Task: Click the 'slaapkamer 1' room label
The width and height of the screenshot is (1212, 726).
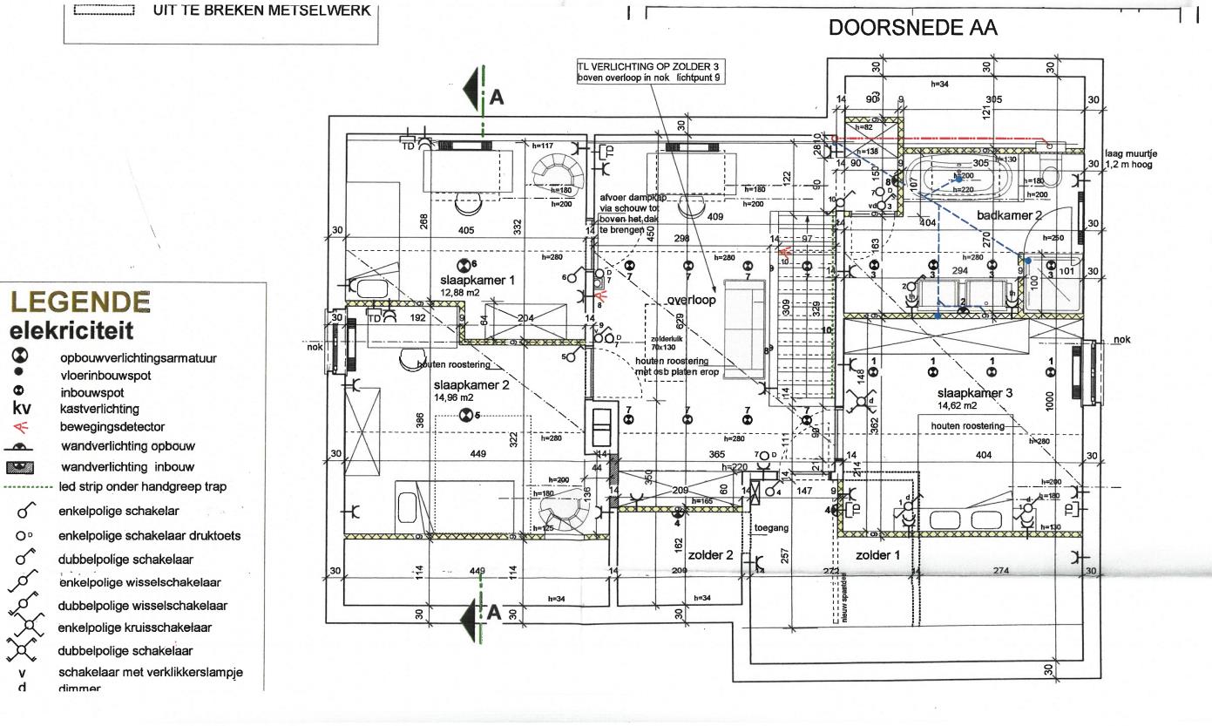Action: (x=477, y=280)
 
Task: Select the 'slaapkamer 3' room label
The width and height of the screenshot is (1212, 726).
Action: (x=975, y=393)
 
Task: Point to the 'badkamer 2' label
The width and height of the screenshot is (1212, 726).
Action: (x=1009, y=214)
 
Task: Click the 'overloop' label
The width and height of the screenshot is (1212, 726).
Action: (x=691, y=300)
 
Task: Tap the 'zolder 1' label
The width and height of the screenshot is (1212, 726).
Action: (x=877, y=554)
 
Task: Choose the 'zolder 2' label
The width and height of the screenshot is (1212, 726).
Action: (x=711, y=554)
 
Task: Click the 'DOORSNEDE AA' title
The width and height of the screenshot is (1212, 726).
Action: (x=912, y=28)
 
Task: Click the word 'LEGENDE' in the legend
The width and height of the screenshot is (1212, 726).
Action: (x=80, y=302)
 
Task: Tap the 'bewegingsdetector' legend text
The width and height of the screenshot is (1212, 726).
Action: (x=112, y=427)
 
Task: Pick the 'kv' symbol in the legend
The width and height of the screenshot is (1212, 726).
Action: (x=22, y=409)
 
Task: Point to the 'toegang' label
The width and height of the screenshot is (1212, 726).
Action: (x=770, y=528)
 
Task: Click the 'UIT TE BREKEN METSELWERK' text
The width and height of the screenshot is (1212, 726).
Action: (x=261, y=10)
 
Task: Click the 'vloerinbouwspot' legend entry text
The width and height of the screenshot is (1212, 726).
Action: (x=105, y=375)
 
